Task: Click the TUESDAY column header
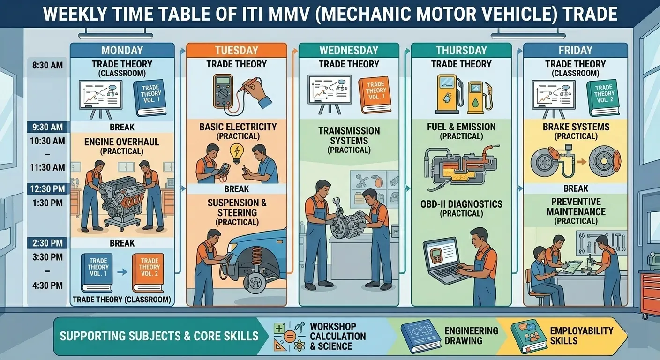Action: (236, 50)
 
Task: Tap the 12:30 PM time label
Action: (47, 188)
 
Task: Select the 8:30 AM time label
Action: (47, 65)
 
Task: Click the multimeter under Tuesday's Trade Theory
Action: (223, 91)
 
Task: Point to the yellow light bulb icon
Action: (237, 153)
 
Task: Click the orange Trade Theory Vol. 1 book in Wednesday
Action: (375, 95)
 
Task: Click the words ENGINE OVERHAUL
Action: (122, 142)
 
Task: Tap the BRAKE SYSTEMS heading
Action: (576, 127)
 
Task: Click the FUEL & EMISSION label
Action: (461, 127)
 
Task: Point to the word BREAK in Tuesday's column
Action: (237, 189)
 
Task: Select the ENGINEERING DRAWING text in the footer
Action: (472, 336)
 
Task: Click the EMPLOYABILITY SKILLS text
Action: (582, 336)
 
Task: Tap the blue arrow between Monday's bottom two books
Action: (122, 272)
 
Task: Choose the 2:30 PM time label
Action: (47, 243)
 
